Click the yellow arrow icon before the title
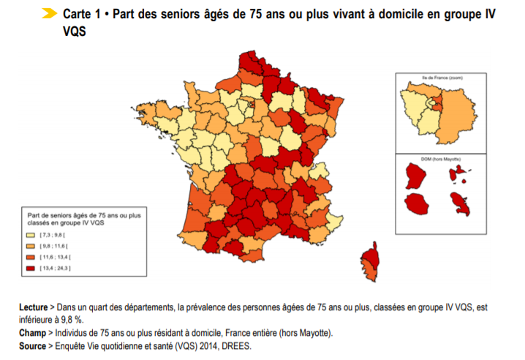pyautogui.click(x=50, y=14)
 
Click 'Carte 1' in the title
pyautogui.click(x=82, y=15)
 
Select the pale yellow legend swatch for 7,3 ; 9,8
pyautogui.click(x=31, y=236)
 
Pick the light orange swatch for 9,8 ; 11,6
pyautogui.click(x=31, y=247)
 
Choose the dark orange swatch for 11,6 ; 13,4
pyautogui.click(x=31, y=258)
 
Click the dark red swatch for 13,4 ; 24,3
pyautogui.click(x=31, y=269)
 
